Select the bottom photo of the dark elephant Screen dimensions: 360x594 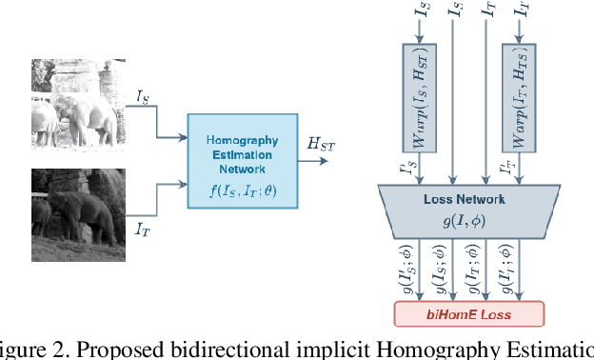[x=77, y=213]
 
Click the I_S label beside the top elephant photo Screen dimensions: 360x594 [x=142, y=95]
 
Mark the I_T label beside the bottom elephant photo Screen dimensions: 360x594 [x=142, y=229]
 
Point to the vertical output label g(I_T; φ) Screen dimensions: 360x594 [x=470, y=270]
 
